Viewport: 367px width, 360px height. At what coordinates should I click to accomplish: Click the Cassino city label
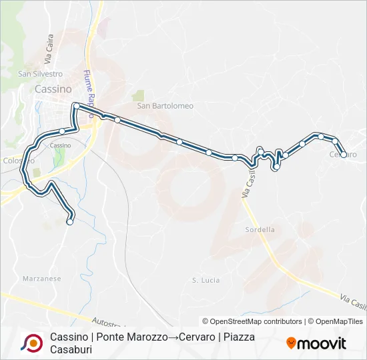54,89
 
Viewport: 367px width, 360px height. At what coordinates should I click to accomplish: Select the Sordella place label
260,229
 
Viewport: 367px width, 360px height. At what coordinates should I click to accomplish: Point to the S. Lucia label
206,280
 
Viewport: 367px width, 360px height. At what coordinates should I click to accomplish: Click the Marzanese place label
41,278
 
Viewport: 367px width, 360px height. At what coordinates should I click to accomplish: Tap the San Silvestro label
40,74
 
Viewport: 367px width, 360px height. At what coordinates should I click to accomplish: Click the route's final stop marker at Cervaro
344,155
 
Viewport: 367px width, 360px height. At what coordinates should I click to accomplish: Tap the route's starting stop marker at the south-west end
70,223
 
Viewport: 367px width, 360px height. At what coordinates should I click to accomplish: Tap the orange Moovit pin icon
291,343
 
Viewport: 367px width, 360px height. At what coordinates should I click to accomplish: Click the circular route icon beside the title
31,343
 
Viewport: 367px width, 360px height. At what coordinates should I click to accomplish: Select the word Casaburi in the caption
70,349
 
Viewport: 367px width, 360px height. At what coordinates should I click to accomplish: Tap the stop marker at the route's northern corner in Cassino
77,105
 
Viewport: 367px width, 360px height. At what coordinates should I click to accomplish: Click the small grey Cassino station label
60,145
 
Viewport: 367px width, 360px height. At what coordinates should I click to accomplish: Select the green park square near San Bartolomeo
138,95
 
